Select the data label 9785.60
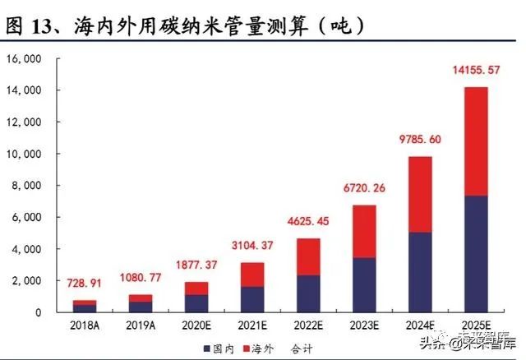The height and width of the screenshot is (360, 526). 419,140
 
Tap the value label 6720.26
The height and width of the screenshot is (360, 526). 364,188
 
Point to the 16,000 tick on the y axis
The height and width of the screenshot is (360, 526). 23,59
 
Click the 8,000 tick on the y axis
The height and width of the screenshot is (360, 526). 25,186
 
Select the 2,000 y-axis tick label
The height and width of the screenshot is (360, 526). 25,281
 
